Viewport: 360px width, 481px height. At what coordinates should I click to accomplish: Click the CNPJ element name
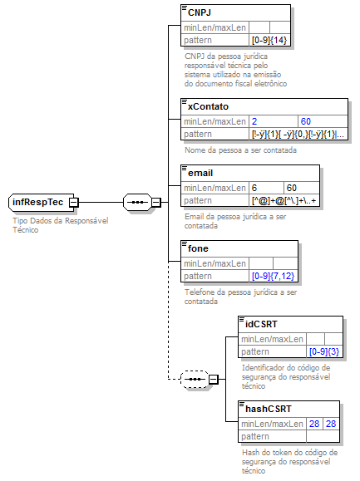pyautogui.click(x=200, y=12)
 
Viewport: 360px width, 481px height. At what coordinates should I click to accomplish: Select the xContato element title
pyautogui.click(x=208, y=106)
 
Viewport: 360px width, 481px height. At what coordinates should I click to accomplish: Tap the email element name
pyautogui.click(x=200, y=173)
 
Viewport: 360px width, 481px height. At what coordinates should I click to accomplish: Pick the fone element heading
pyautogui.click(x=198, y=248)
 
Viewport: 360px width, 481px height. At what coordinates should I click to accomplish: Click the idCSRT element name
pyautogui.click(x=261, y=324)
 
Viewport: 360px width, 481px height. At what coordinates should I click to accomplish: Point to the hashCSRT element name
pyautogui.click(x=269, y=409)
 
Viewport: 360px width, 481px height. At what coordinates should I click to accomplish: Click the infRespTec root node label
pyautogui.click(x=37, y=202)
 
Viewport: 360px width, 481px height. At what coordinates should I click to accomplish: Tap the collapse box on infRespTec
pyautogui.click(x=74, y=203)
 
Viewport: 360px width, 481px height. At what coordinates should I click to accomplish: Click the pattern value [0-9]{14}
pyautogui.click(x=269, y=40)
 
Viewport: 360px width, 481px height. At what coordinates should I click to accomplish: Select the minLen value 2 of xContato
pyautogui.click(x=254, y=122)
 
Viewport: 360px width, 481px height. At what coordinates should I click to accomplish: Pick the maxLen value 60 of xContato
pyautogui.click(x=306, y=122)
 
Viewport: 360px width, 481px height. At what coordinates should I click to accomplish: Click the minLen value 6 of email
pyautogui.click(x=254, y=188)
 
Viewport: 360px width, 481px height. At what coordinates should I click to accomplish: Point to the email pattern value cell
pyautogui.click(x=284, y=201)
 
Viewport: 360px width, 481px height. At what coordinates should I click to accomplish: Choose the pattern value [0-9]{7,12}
pyautogui.click(x=274, y=276)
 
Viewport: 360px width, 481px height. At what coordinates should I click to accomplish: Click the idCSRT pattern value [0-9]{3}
pyautogui.click(x=324, y=351)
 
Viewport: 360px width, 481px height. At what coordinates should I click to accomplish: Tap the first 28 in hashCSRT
pyautogui.click(x=314, y=424)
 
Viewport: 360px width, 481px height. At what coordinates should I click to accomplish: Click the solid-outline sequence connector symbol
pyautogui.click(x=137, y=203)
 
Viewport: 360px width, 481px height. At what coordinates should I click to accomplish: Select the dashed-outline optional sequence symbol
pyautogui.click(x=195, y=380)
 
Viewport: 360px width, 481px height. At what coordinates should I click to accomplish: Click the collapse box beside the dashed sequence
pyautogui.click(x=214, y=380)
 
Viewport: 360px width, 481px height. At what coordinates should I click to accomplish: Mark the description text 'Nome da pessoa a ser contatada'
pyautogui.click(x=240, y=150)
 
